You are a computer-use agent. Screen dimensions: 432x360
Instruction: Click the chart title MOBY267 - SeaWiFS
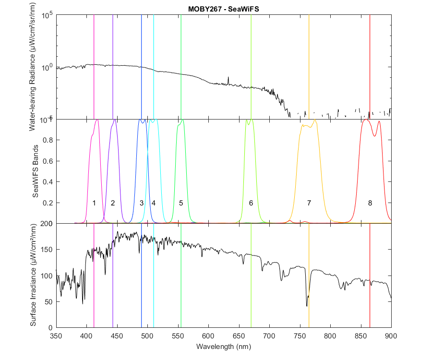(223, 9)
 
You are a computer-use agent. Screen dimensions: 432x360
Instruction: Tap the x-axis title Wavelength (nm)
(223, 346)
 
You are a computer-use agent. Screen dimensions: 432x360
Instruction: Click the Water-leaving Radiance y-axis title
(33, 67)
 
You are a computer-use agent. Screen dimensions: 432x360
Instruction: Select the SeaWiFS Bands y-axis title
(35, 171)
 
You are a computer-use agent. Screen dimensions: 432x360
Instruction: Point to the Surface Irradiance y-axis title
(33, 275)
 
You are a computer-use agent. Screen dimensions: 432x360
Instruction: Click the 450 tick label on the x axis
(117, 336)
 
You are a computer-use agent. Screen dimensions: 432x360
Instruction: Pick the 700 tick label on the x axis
(269, 336)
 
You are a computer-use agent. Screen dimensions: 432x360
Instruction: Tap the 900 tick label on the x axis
(391, 336)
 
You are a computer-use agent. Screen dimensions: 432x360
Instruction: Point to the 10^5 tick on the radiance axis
(47, 15)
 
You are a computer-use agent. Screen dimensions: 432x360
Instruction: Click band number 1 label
(94, 203)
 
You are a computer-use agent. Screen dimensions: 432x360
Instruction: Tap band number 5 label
(181, 203)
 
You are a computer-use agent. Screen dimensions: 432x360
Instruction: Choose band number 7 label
(309, 203)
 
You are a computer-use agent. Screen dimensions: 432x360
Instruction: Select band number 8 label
(370, 203)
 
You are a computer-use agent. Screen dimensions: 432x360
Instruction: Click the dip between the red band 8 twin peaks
(374, 136)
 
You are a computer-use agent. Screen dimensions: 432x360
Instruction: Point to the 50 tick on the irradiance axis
(48, 301)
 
